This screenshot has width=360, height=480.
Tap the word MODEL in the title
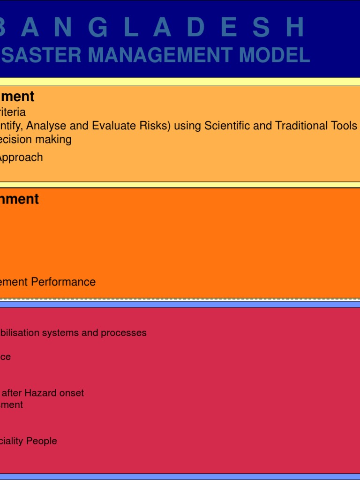tap(274, 55)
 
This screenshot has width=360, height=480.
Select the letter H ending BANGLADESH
tap(295, 28)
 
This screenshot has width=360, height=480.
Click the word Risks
tap(150, 126)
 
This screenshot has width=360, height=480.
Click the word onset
tap(73, 393)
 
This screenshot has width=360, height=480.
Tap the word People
tap(42, 441)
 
